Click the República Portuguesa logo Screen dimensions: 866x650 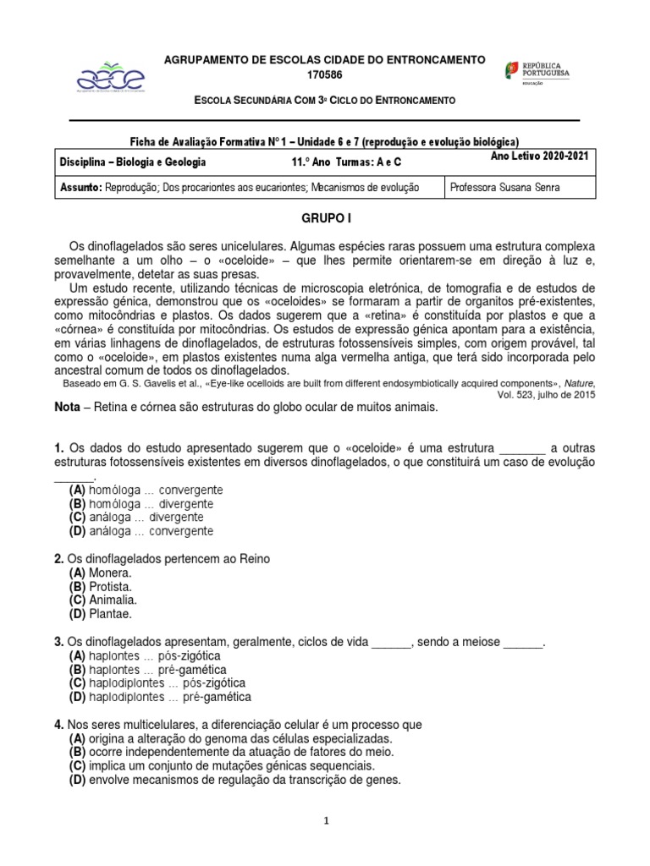tap(537, 72)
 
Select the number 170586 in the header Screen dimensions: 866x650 tap(324, 75)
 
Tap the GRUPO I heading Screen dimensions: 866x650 tap(325, 218)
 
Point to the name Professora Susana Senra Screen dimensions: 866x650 tap(504, 187)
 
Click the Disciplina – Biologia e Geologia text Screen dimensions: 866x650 tap(133, 162)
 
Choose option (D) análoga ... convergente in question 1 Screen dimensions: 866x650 tap(141, 531)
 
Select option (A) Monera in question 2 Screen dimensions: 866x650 tap(101, 573)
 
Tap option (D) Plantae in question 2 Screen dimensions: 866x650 tap(101, 613)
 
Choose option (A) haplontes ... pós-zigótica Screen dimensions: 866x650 tap(146, 655)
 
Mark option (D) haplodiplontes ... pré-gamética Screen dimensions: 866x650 tap(160, 697)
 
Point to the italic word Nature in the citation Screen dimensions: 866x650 tap(579, 382)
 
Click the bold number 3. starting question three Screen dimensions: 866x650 tap(58, 642)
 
